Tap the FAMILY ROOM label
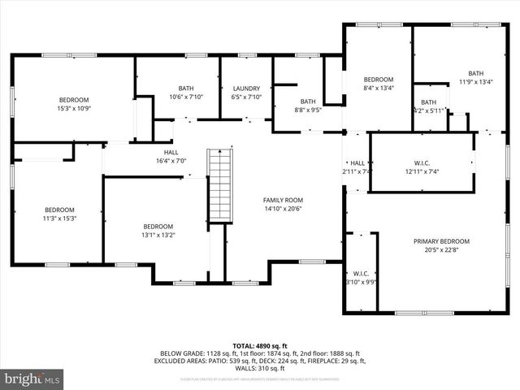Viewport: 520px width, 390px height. click(x=283, y=200)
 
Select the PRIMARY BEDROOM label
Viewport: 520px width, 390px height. click(x=441, y=241)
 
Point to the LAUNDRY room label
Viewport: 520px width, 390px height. click(x=246, y=89)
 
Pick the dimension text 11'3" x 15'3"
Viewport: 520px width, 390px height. click(x=59, y=218)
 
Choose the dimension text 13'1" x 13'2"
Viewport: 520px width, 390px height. click(x=158, y=235)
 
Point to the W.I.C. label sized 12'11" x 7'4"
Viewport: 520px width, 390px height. click(x=421, y=162)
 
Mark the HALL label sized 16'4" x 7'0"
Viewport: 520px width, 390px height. click(x=171, y=152)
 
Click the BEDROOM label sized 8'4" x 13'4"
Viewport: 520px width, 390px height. click(x=378, y=80)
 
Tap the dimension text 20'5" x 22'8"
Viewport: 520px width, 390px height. click(x=441, y=250)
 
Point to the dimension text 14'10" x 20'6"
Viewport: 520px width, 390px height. click(x=283, y=209)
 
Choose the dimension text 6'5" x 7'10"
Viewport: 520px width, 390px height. click(x=246, y=97)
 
